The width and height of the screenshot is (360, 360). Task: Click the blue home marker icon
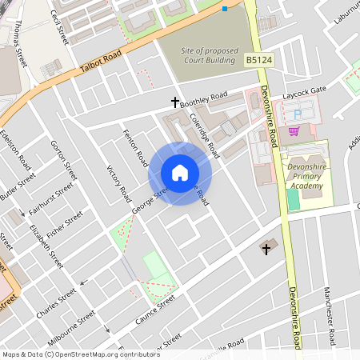tap(180, 173)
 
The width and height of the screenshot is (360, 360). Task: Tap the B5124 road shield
tap(258, 60)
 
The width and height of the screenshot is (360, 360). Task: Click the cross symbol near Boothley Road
tap(175, 102)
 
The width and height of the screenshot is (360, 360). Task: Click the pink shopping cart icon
tap(294, 131)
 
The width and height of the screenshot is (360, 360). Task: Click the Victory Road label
tap(119, 183)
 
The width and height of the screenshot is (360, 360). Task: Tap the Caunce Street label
tap(154, 309)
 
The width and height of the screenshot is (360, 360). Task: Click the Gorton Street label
tap(64, 160)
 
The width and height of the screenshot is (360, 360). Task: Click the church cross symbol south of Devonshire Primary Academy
tap(266, 249)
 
